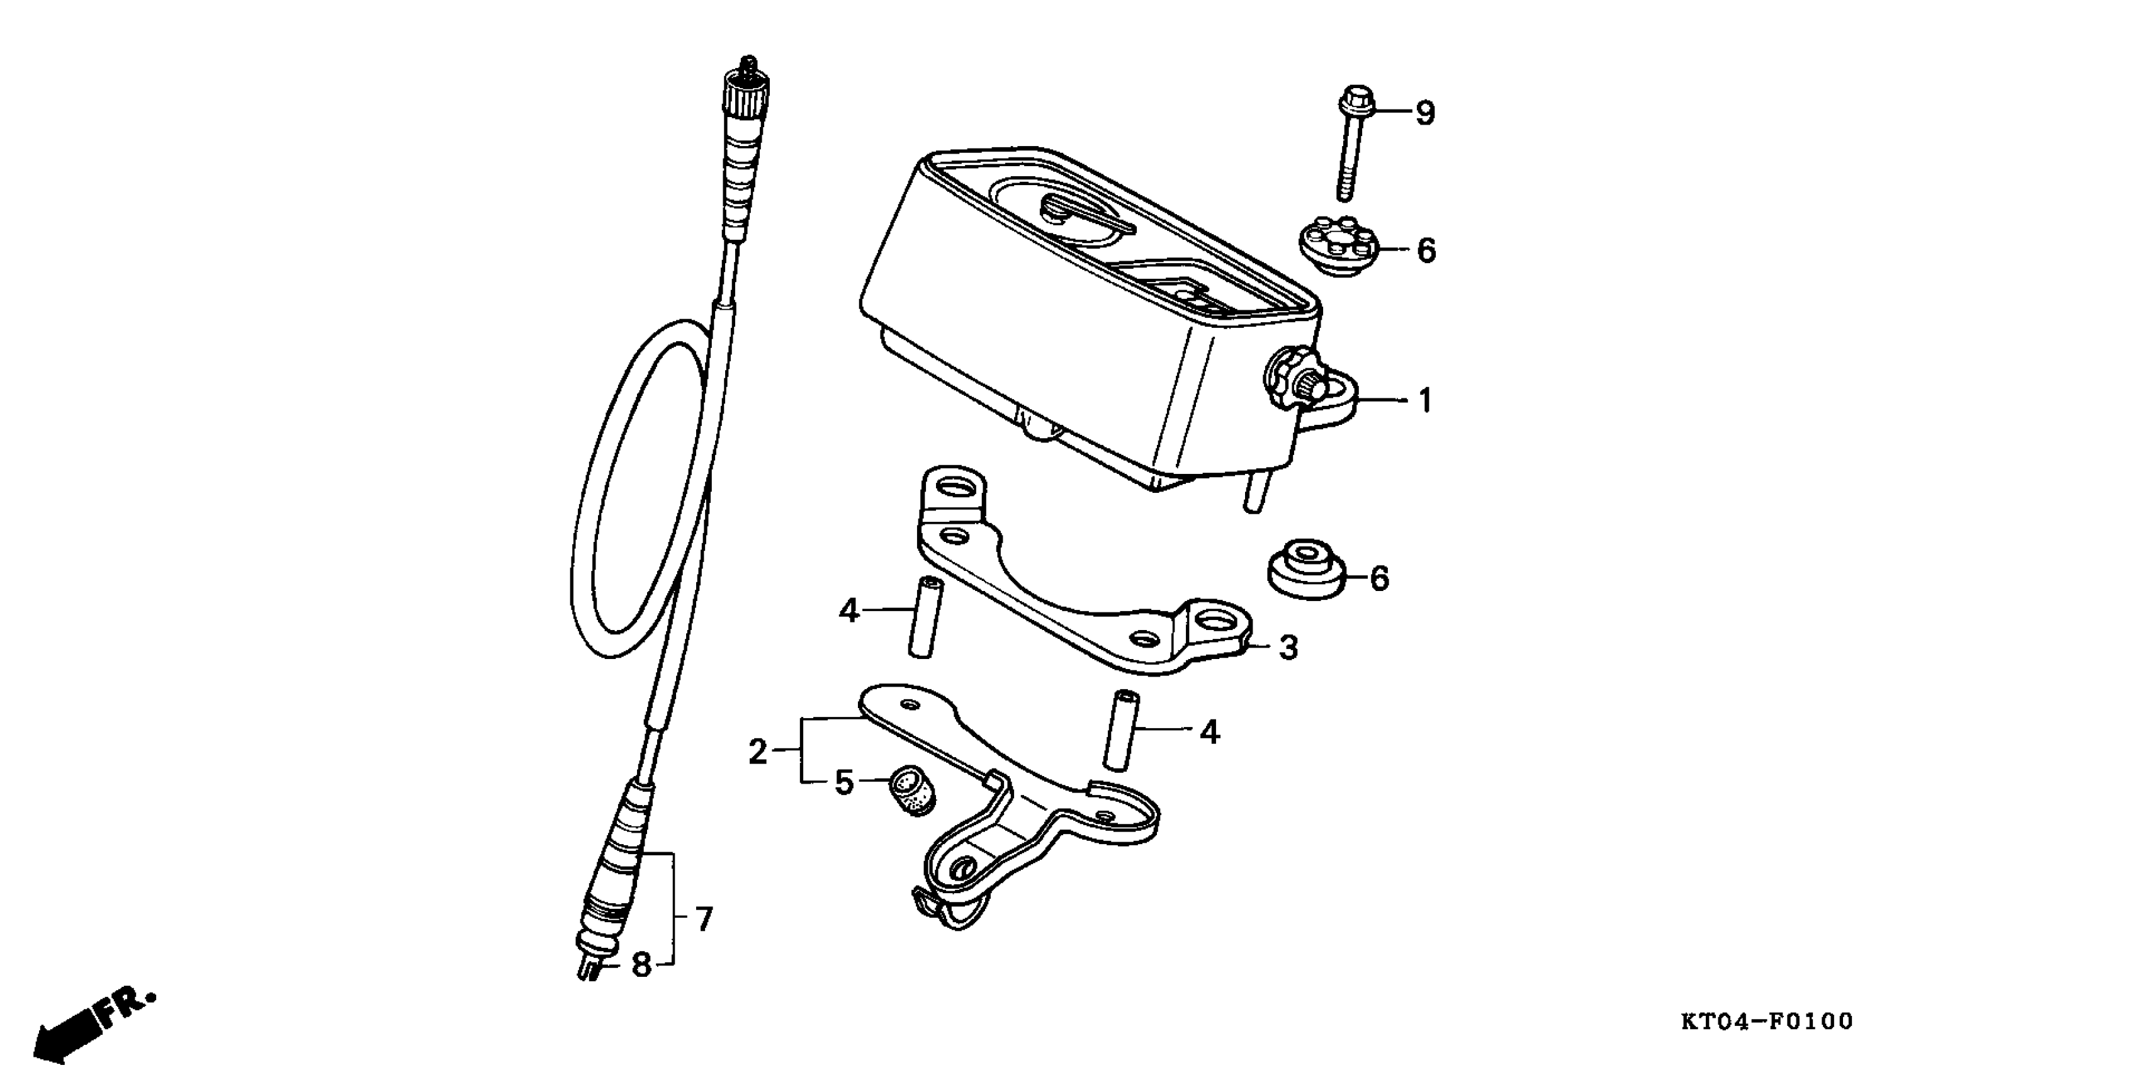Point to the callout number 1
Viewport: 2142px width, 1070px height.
[x=1425, y=401]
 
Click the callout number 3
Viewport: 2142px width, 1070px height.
[x=1288, y=647]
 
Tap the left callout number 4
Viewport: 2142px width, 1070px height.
[x=848, y=611]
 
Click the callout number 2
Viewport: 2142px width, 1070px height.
[x=757, y=752]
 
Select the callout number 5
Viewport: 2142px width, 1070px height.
[x=844, y=782]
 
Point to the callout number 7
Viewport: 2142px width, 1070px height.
[x=704, y=919]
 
